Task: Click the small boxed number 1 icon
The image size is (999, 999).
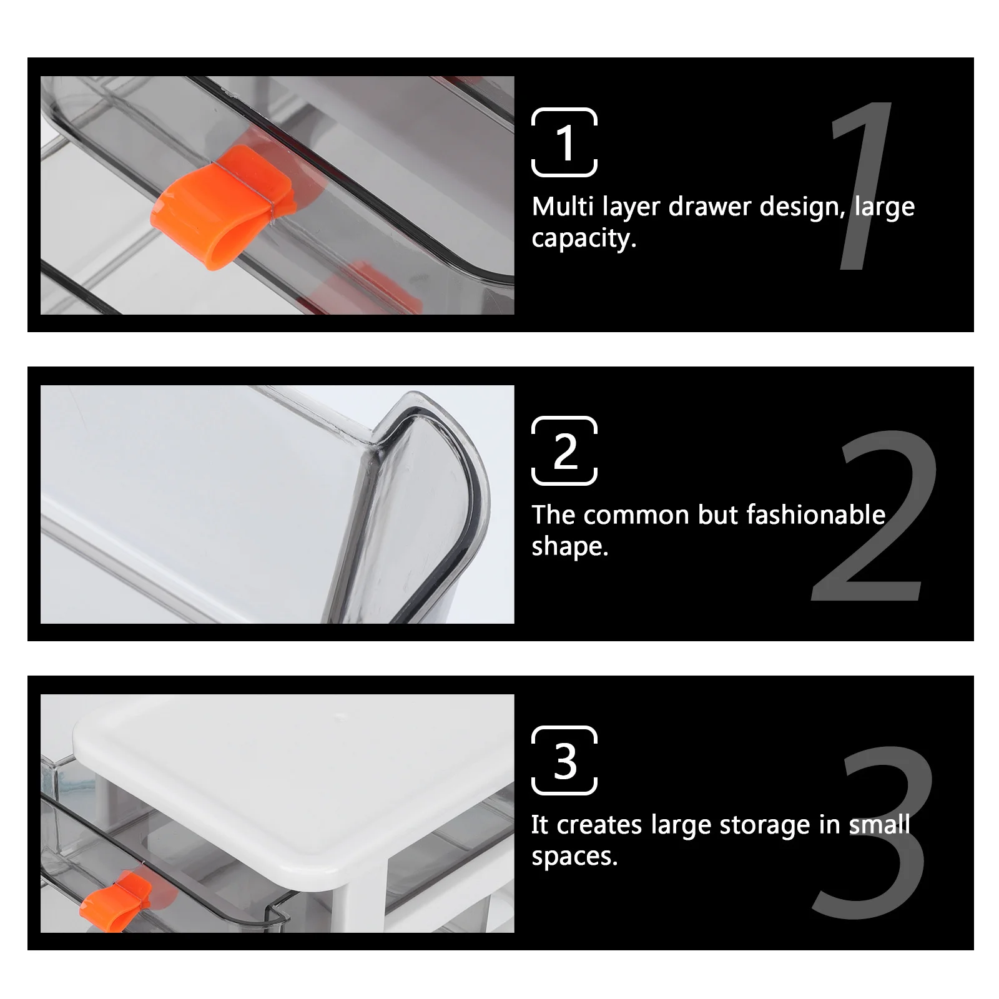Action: click(564, 142)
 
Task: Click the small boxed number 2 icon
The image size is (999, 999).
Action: click(564, 451)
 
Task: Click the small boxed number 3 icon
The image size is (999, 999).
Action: click(564, 760)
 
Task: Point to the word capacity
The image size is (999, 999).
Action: click(583, 239)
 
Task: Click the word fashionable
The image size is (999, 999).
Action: click(815, 515)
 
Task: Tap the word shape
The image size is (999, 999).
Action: click(569, 547)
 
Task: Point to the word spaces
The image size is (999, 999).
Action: click(574, 857)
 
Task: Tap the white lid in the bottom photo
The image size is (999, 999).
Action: click(293, 780)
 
